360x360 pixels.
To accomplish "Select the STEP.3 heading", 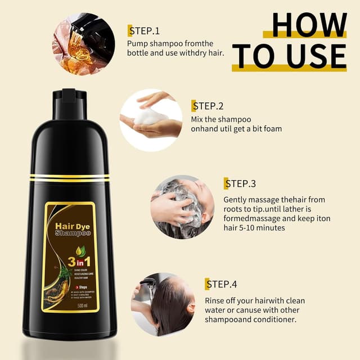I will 240,183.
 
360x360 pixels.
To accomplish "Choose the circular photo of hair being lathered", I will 182,208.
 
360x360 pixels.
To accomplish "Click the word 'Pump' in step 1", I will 137,43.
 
